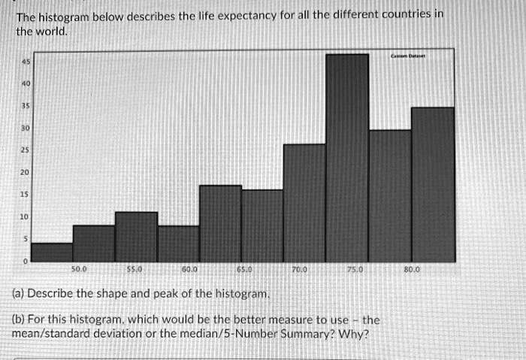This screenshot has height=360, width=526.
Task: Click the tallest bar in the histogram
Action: [x=347, y=158]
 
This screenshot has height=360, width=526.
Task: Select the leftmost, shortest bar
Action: [x=52, y=253]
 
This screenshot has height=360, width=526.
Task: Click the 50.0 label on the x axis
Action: [x=79, y=268]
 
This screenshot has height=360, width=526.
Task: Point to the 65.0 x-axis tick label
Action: [x=245, y=268]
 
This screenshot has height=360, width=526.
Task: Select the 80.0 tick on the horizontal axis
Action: [x=413, y=268]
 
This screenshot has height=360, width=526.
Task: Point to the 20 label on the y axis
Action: [x=25, y=172]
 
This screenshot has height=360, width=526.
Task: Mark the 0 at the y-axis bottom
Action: [x=26, y=261]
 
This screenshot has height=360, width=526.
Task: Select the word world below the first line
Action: [x=50, y=32]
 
